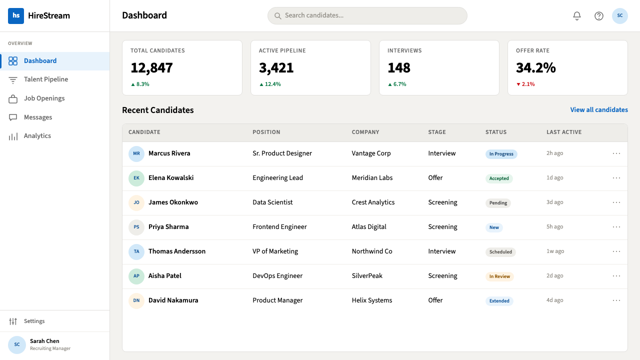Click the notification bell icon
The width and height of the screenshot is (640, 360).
(577, 15)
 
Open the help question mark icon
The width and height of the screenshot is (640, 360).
(599, 15)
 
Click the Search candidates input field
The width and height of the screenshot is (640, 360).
(367, 15)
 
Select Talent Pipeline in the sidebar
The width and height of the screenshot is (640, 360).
(45, 79)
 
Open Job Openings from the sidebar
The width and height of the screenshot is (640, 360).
(44, 98)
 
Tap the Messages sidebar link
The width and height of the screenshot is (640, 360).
(37, 117)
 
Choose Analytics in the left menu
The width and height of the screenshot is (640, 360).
(37, 136)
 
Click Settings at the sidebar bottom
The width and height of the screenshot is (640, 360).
(34, 321)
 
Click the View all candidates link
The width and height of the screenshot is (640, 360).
(599, 110)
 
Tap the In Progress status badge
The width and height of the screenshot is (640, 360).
(501, 154)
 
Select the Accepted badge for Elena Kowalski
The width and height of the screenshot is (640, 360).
(499, 178)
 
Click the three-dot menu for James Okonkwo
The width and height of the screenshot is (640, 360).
(616, 202)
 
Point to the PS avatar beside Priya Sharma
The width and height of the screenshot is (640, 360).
(136, 227)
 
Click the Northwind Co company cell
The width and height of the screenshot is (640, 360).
(371, 251)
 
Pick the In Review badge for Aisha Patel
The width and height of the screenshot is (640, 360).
(499, 276)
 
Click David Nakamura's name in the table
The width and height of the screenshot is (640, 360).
(173, 300)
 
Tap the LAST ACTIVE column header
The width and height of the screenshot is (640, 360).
(564, 132)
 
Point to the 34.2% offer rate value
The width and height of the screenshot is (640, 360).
(535, 68)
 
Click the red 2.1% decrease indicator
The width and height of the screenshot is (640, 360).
(525, 84)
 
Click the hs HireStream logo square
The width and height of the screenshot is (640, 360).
(16, 15)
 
